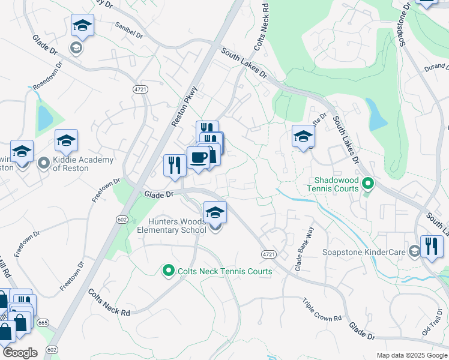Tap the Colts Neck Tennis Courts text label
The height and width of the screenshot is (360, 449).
pyautogui.click(x=225, y=271)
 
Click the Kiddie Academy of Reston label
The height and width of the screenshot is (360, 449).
pyautogui.click(x=74, y=164)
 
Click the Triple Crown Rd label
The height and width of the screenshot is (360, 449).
pyautogui.click(x=321, y=309)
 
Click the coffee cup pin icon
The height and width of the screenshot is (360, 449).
pyautogui.click(x=199, y=158)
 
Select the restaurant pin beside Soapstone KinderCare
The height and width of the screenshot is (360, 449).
pyautogui.click(x=432, y=246)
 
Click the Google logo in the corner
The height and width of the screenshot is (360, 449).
pyautogui.click(x=19, y=353)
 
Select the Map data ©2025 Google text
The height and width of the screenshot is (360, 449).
pyautogui.click(x=411, y=355)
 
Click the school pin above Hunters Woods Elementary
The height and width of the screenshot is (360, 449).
pyautogui.click(x=215, y=212)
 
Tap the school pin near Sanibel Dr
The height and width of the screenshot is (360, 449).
pyautogui.click(x=82, y=26)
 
